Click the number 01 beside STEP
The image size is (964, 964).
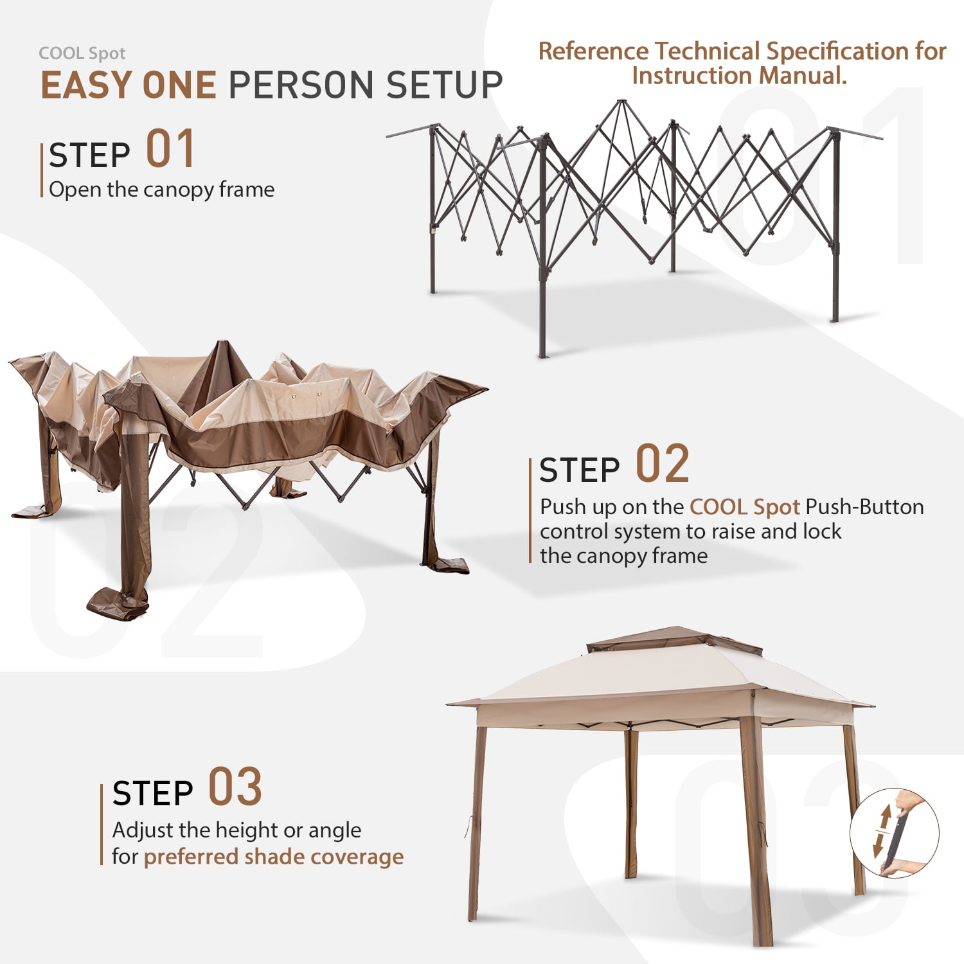click(170, 148)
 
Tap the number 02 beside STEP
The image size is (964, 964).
click(663, 463)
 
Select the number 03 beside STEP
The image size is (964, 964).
click(235, 787)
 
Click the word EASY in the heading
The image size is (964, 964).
click(87, 85)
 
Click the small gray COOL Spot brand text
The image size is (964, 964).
click(82, 53)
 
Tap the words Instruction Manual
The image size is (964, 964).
click(740, 76)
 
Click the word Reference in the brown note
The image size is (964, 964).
click(594, 51)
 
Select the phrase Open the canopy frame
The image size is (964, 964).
click(161, 190)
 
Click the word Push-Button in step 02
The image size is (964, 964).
click(864, 507)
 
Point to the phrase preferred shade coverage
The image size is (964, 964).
click(274, 857)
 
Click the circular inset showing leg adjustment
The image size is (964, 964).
click(895, 834)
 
